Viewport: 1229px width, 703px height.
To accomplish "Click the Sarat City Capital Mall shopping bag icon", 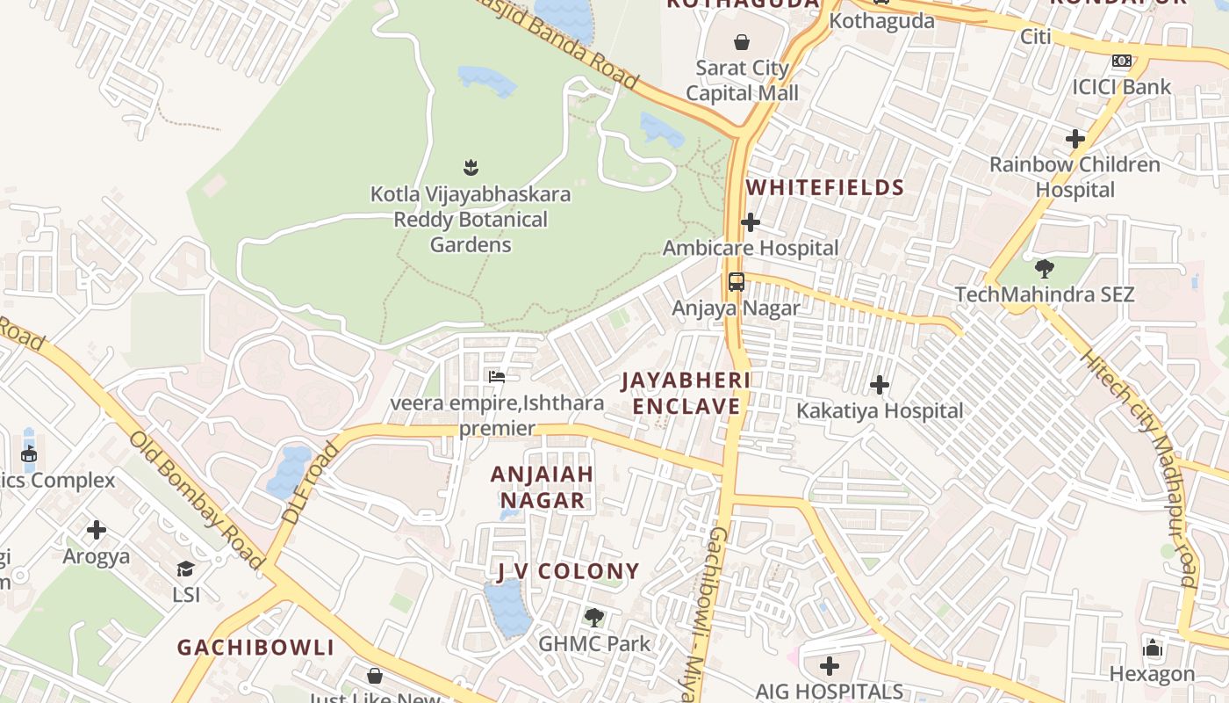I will (x=742, y=41).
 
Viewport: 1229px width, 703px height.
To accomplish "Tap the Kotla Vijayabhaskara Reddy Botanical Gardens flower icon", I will (x=471, y=166).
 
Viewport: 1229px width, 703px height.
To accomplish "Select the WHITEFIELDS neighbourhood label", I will (x=824, y=187).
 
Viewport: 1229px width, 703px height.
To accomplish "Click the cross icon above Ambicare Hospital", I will (x=751, y=221).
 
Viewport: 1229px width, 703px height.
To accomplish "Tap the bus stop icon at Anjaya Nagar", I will (x=736, y=282).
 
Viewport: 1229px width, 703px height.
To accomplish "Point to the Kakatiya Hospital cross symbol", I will (x=879, y=385).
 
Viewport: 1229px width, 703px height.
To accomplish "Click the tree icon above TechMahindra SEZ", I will (x=1044, y=268).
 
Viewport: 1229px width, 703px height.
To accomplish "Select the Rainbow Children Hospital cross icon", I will (x=1074, y=139).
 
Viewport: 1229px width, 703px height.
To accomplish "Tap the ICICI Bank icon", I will (x=1121, y=61).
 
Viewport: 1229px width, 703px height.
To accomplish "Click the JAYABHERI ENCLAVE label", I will (x=686, y=393).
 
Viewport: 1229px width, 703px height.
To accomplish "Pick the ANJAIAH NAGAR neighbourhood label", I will (x=542, y=487).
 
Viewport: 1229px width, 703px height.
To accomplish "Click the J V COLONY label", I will (x=568, y=571).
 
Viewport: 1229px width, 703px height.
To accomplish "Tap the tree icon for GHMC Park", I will (x=594, y=617).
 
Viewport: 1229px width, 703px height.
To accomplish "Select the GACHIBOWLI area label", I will (x=255, y=648).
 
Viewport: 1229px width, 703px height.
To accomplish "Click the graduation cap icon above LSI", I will (x=185, y=569).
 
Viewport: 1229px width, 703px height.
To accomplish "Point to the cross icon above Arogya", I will (x=97, y=530).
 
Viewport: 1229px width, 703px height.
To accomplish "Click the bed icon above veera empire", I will (x=497, y=377).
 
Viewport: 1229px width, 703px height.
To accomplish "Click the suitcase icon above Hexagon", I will (x=1152, y=648).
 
